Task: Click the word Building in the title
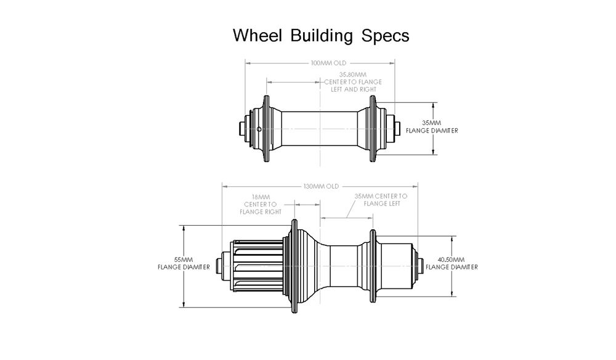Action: coord(322,35)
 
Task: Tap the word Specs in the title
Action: coord(386,35)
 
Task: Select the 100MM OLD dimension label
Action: coord(329,63)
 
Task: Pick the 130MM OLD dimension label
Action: coord(322,186)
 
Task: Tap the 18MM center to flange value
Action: coord(261,197)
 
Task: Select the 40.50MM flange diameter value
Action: coord(452,260)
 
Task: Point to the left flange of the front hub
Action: coord(266,129)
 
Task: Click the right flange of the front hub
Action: coord(373,129)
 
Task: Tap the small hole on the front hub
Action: coord(259,129)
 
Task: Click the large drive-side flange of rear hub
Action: coord(288,266)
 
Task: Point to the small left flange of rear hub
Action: coord(372,266)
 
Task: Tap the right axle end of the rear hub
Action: coord(421,266)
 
